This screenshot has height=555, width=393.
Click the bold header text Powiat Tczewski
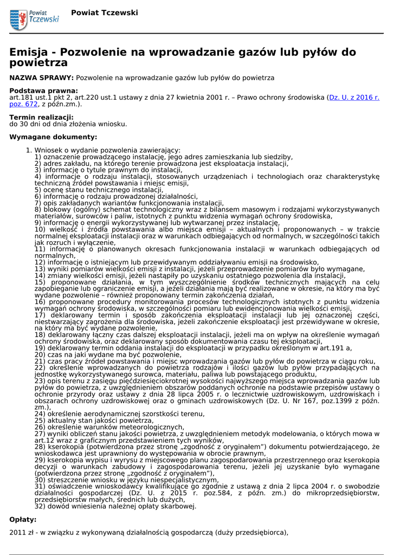tap(104, 12)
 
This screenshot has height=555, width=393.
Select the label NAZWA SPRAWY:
tap(42, 78)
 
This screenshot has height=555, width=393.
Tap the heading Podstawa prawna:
tap(43, 91)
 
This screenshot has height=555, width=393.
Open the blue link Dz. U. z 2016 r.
tap(355, 97)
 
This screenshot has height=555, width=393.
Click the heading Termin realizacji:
tap(41, 117)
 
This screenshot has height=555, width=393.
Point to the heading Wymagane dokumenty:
tap(53, 137)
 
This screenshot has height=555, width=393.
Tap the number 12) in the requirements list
tap(40, 262)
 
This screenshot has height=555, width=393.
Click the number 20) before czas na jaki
tap(40, 354)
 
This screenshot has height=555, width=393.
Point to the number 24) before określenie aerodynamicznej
tap(40, 414)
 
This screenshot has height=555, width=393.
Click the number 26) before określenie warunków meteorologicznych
tap(40, 427)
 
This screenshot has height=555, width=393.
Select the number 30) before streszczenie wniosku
tap(40, 480)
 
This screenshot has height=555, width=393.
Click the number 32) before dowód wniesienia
tap(40, 506)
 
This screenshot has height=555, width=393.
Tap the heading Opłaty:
tap(23, 519)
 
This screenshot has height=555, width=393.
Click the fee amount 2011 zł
tap(21, 532)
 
